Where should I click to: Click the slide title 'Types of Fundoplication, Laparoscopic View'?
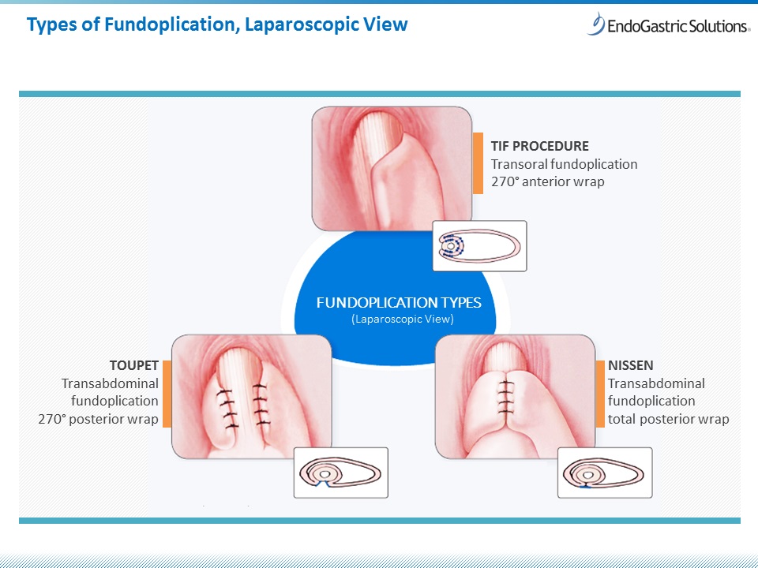(217, 24)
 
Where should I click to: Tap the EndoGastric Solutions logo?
(668, 24)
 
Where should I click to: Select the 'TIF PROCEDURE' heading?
(539, 146)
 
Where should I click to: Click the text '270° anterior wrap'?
(548, 181)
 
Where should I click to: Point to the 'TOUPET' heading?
(134, 365)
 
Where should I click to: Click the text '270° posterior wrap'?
(98, 419)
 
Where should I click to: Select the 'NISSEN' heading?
(630, 365)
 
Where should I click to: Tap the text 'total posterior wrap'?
(668, 419)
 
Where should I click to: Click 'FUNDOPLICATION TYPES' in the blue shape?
(399, 303)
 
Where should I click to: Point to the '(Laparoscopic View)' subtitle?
(403, 319)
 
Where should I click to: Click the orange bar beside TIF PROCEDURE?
(478, 163)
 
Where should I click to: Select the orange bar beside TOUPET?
(167, 394)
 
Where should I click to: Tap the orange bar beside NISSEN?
(600, 394)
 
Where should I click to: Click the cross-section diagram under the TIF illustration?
(479, 246)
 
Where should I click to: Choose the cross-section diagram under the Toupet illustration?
(341, 473)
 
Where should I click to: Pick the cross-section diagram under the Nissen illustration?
(605, 473)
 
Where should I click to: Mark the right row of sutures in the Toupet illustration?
(261, 405)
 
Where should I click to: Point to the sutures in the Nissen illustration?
(505, 397)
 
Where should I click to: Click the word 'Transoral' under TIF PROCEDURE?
(520, 164)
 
